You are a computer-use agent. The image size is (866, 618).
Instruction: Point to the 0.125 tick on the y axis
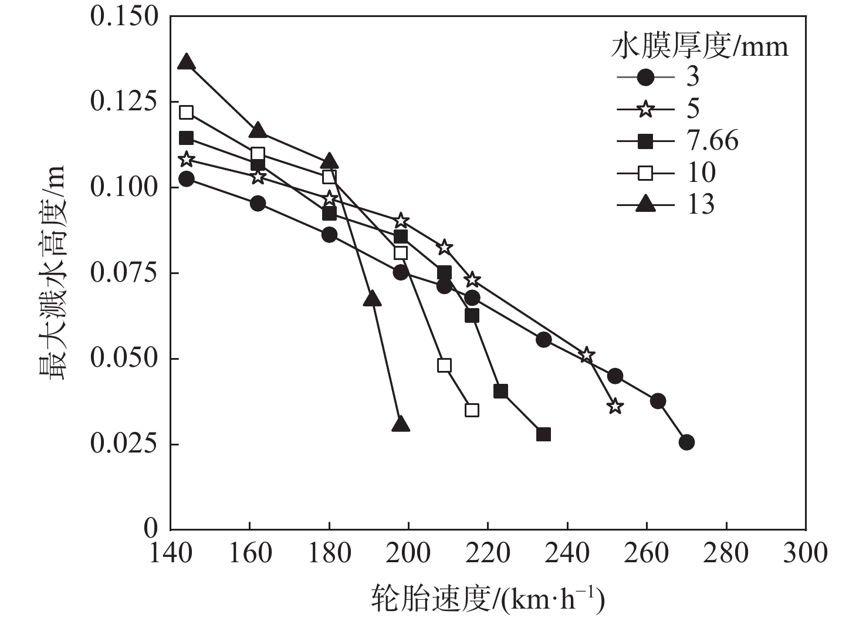[x=124, y=102]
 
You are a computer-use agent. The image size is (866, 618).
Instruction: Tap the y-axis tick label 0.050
[x=124, y=358]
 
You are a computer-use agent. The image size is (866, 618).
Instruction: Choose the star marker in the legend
[x=646, y=109]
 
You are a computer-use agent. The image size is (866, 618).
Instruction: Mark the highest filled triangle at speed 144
[x=186, y=62]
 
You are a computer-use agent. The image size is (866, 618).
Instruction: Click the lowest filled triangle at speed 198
[x=401, y=424]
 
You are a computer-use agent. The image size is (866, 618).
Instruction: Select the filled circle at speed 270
[x=686, y=443]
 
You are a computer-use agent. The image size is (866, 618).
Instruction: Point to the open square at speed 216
[x=472, y=410]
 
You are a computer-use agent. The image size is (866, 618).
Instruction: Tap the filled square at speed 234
[x=543, y=434]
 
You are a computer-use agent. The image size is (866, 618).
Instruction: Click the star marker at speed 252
[x=615, y=406]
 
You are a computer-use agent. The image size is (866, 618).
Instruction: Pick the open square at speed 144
[x=186, y=112]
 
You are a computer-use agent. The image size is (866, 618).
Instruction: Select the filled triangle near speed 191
[x=372, y=299]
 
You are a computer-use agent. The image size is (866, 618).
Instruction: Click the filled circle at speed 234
[x=543, y=339]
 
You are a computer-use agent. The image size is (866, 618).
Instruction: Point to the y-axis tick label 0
[x=151, y=528]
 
